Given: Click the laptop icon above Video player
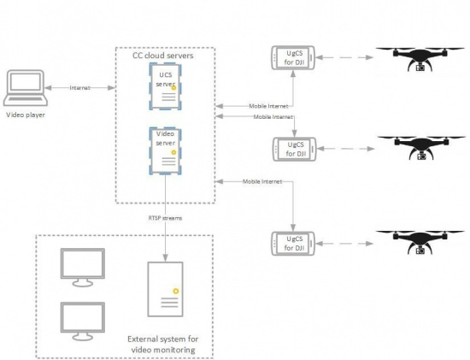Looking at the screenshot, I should (x=24, y=88).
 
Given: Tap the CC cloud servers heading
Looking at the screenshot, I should (x=162, y=56).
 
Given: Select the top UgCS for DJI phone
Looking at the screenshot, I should (x=293, y=60).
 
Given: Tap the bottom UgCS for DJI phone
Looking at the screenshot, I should (x=293, y=243).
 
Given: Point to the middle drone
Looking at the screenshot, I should (x=420, y=146).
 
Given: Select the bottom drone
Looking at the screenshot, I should (x=420, y=242).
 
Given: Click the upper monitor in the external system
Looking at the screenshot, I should (x=82, y=266).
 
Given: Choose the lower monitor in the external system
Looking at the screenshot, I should (x=82, y=317).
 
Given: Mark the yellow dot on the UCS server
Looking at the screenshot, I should (x=173, y=88).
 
